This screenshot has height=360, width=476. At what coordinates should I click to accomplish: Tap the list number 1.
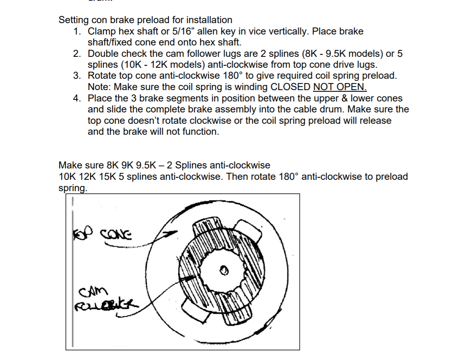pyautogui.click(x=77, y=31)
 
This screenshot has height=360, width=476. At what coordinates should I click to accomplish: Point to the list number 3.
pyautogui.click(x=77, y=76)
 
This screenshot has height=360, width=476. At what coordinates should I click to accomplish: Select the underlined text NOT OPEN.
pyautogui.click(x=340, y=87)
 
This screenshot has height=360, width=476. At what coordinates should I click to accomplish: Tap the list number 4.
pyautogui.click(x=77, y=98)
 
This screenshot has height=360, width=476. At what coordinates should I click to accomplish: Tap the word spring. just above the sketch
pyautogui.click(x=73, y=188)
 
